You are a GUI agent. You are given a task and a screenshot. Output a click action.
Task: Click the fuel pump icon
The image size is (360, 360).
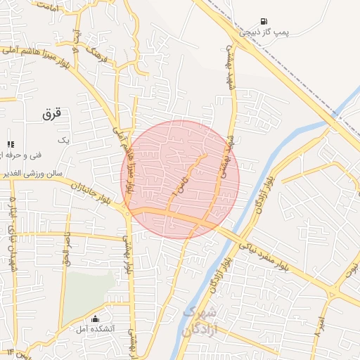[x=264, y=22]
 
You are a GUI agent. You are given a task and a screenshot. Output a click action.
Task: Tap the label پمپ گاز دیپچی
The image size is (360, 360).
[x=270, y=32]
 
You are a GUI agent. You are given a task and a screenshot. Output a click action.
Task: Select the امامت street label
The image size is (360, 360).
[x=49, y=8]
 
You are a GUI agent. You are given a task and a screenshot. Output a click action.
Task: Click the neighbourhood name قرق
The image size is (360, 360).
[x=53, y=112]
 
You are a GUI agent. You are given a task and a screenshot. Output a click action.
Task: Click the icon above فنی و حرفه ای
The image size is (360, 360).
[x=11, y=144]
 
